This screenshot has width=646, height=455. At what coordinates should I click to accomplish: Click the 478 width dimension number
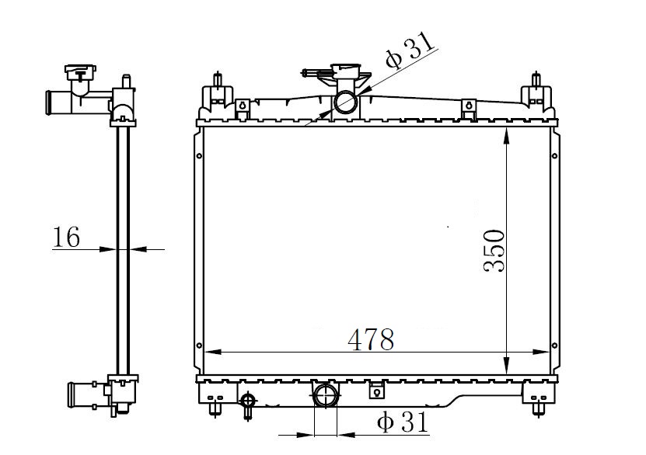click(371, 339)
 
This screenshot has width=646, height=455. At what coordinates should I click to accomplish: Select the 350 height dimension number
click(494, 251)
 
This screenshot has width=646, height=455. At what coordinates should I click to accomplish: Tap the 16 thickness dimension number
click(66, 237)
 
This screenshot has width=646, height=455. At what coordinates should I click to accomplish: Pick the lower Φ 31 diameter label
click(403, 422)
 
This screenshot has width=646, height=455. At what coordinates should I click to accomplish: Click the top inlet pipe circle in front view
click(345, 102)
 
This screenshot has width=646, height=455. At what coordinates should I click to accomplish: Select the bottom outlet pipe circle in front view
click(326, 396)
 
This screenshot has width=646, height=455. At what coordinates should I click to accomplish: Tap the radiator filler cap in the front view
click(345, 71)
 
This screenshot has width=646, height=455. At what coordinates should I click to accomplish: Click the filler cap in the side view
click(80, 73)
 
